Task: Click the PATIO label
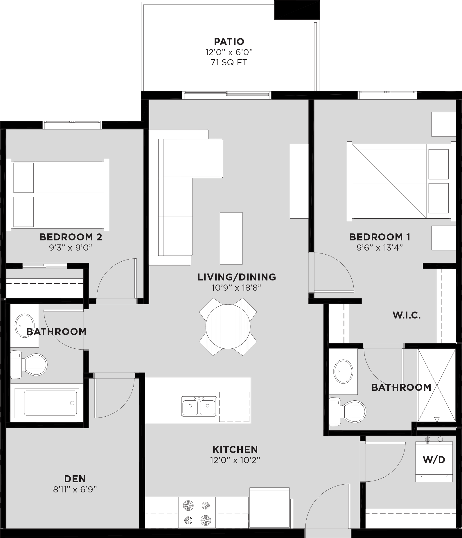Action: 229,42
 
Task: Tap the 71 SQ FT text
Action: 229,62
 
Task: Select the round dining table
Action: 228,327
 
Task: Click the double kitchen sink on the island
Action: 199,406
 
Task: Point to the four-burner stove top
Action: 197,513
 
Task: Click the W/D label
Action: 434,460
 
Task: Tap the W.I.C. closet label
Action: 407,315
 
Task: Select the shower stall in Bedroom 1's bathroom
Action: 436,385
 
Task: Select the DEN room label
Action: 75,479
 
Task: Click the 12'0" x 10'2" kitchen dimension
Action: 235,460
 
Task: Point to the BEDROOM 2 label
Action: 71,237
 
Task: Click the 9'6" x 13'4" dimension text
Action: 380,248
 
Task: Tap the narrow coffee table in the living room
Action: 231,238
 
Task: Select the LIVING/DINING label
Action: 237,277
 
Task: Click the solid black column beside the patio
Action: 296,10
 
